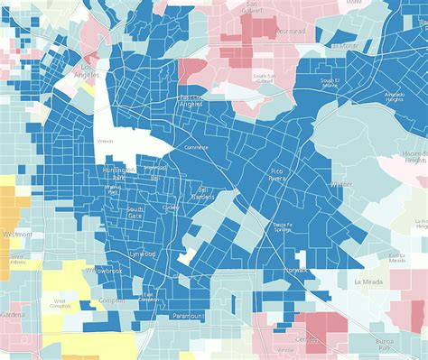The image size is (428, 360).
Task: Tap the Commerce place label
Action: [196, 147]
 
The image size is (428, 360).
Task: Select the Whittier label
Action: [341, 183]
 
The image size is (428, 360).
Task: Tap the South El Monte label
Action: [329, 84]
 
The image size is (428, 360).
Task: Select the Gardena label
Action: [12, 315]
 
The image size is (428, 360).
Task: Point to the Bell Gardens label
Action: [204, 192]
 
